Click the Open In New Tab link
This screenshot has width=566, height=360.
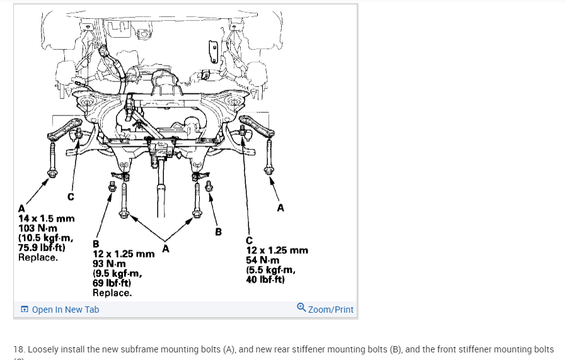coord(65,310)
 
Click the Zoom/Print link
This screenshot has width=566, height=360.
coord(330,310)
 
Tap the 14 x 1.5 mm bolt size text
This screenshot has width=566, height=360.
coord(46,219)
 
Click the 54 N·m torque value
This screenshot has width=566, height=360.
coord(262,260)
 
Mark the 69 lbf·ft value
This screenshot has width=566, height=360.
coord(112,283)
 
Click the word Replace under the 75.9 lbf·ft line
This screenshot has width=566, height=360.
coord(38,257)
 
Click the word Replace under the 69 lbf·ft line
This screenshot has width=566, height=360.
coord(112,293)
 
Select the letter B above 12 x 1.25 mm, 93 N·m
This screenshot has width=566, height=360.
coord(96,243)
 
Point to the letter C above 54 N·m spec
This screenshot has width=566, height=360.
coord(250,240)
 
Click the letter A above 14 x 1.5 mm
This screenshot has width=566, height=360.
coord(21,209)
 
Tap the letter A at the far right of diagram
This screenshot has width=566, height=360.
coord(280,207)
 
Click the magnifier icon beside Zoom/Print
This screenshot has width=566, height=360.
coord(301,308)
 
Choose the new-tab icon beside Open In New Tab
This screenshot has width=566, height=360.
coord(24,310)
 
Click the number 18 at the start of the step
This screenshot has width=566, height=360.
coord(18,349)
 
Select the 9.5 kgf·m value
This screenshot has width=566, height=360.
coord(117,274)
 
